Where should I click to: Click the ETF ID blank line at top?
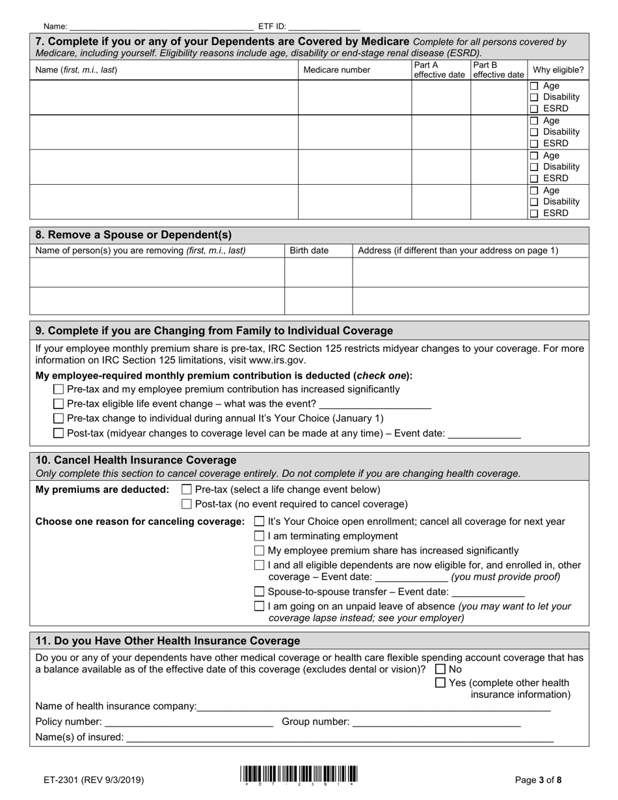pos(323,27)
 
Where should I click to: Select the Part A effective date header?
pos(440,70)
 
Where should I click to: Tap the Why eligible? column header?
pos(558,70)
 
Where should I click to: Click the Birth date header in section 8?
pos(309,250)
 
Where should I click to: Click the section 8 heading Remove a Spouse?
pos(133,235)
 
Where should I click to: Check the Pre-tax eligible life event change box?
pos(59,404)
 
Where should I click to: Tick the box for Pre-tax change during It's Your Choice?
pos(59,418)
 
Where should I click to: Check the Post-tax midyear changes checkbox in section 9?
pos(59,433)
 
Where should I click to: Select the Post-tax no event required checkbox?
pos(187,504)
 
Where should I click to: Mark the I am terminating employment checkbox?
pos(260,536)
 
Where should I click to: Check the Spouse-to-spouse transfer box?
pos(260,592)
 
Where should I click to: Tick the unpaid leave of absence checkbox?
pos(260,606)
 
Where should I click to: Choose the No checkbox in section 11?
pos(440,669)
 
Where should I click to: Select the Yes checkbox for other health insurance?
pos(440,683)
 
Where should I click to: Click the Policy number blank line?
pos(189,722)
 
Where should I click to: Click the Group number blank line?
pos(436,722)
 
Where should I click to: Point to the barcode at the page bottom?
pos(299,775)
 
